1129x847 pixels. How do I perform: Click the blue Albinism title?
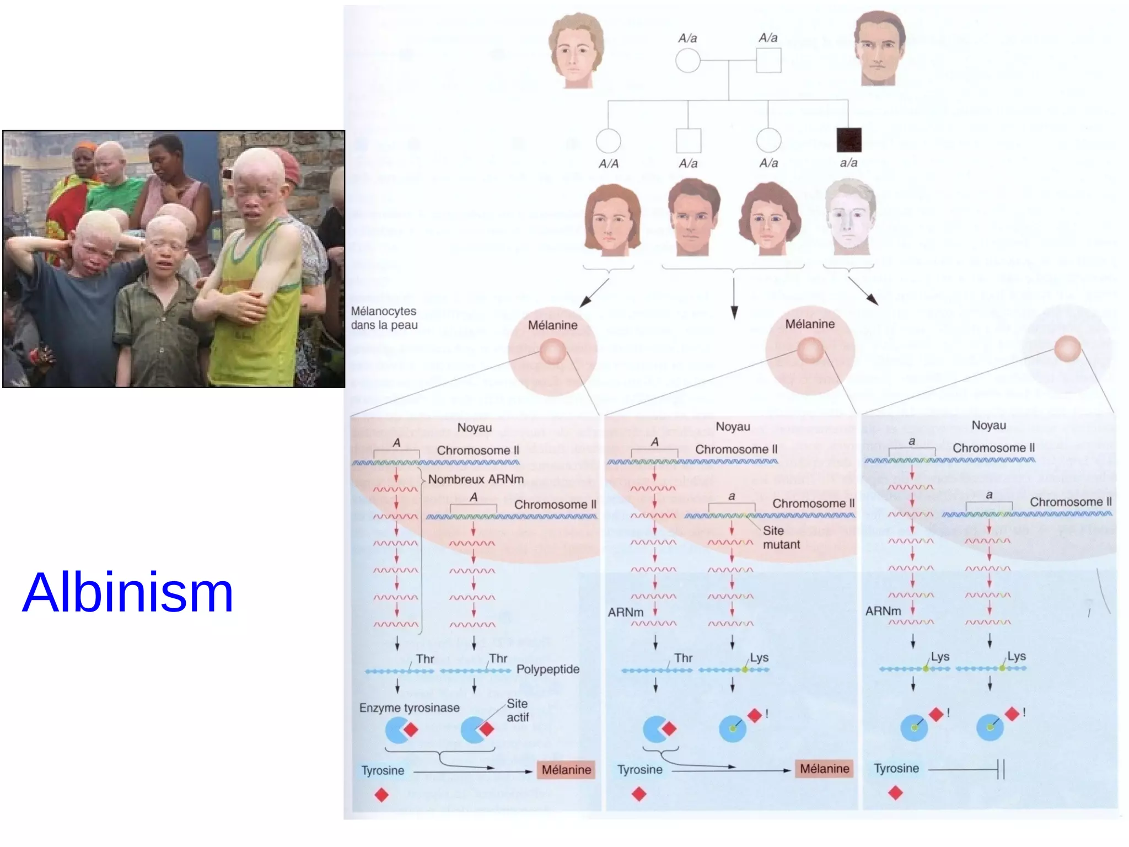127,593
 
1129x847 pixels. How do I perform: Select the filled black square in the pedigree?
848,140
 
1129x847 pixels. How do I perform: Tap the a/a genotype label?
848,163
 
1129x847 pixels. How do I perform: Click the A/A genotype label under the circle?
609,164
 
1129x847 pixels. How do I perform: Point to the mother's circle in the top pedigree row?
687,61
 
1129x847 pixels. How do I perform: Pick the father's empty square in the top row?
768,61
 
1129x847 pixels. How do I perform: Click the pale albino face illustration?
850,217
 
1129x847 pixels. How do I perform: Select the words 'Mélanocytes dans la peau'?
384,318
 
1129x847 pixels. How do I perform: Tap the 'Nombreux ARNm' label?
476,479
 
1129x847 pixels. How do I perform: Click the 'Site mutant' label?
781,538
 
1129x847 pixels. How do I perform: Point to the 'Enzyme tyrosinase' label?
409,708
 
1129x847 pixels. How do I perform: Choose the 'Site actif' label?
518,710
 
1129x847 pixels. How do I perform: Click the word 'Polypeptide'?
548,669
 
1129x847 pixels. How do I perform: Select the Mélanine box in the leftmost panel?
566,770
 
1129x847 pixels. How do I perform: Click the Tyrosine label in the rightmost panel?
896,769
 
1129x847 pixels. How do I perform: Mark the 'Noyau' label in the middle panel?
733,427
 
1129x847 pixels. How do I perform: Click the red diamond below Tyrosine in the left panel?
381,795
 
